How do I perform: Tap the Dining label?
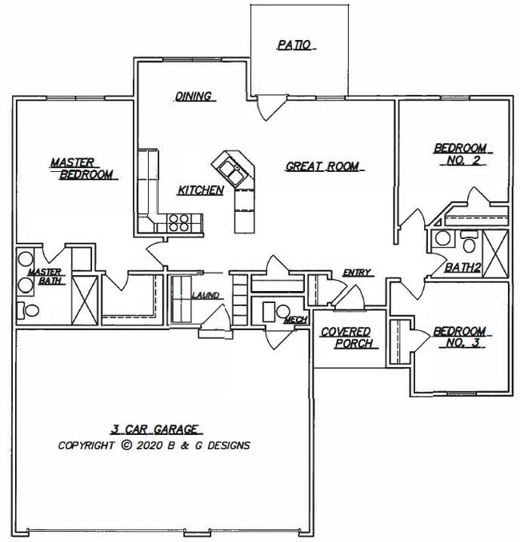tap(194, 97)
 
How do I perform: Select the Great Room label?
tap(322, 167)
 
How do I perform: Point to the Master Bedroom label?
tap(81, 168)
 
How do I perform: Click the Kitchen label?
tap(200, 190)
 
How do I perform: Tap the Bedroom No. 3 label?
tap(459, 337)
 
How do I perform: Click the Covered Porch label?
tap(346, 338)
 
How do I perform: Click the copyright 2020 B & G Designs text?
tap(154, 445)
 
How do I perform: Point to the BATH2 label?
tap(463, 268)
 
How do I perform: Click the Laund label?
tap(206, 296)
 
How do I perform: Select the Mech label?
tap(296, 321)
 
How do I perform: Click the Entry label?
tap(356, 273)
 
